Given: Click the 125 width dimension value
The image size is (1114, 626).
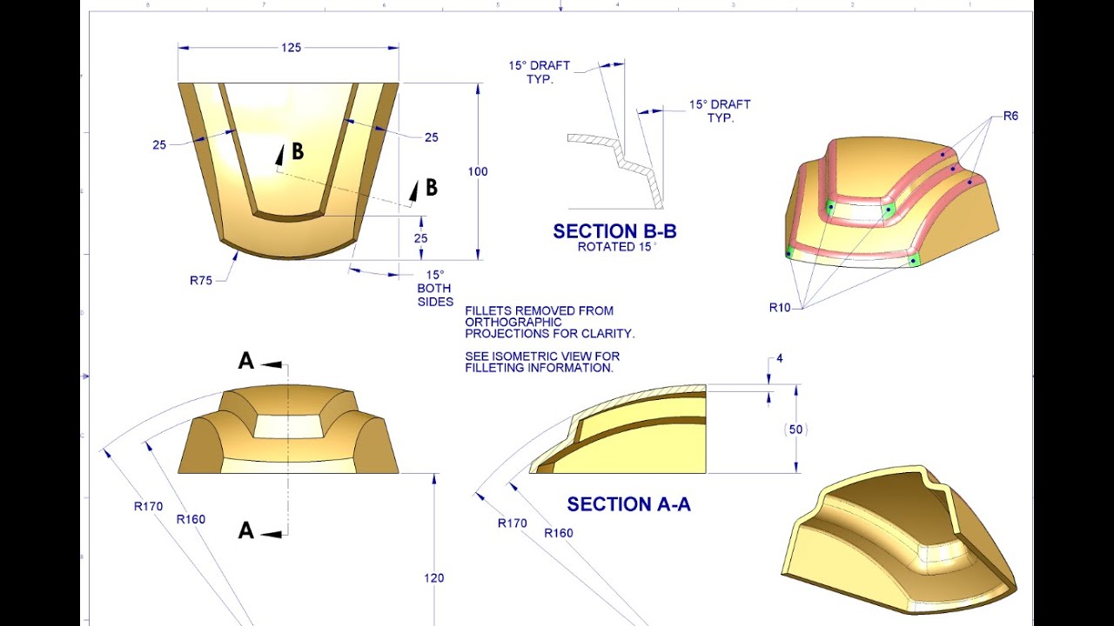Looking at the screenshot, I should [x=291, y=48].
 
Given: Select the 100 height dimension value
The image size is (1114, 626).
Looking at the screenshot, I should [x=478, y=171].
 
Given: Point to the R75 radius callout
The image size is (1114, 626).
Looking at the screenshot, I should [x=203, y=281].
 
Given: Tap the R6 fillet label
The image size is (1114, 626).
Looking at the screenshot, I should [x=1010, y=117].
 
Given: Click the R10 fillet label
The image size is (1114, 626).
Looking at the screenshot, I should [x=780, y=307].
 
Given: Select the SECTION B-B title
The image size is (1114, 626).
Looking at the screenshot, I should [x=614, y=231].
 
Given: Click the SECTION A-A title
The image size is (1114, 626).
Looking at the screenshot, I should [x=628, y=504].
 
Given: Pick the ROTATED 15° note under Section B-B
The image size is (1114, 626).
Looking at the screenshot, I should [x=614, y=247].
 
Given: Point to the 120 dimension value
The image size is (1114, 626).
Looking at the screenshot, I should [x=433, y=577].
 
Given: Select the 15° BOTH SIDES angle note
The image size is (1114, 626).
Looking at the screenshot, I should [x=435, y=288].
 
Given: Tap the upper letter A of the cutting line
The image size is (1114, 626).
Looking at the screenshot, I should [x=246, y=362].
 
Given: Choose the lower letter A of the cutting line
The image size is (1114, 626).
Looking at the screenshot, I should [x=246, y=530].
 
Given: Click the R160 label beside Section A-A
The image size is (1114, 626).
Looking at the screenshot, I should [x=559, y=533].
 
